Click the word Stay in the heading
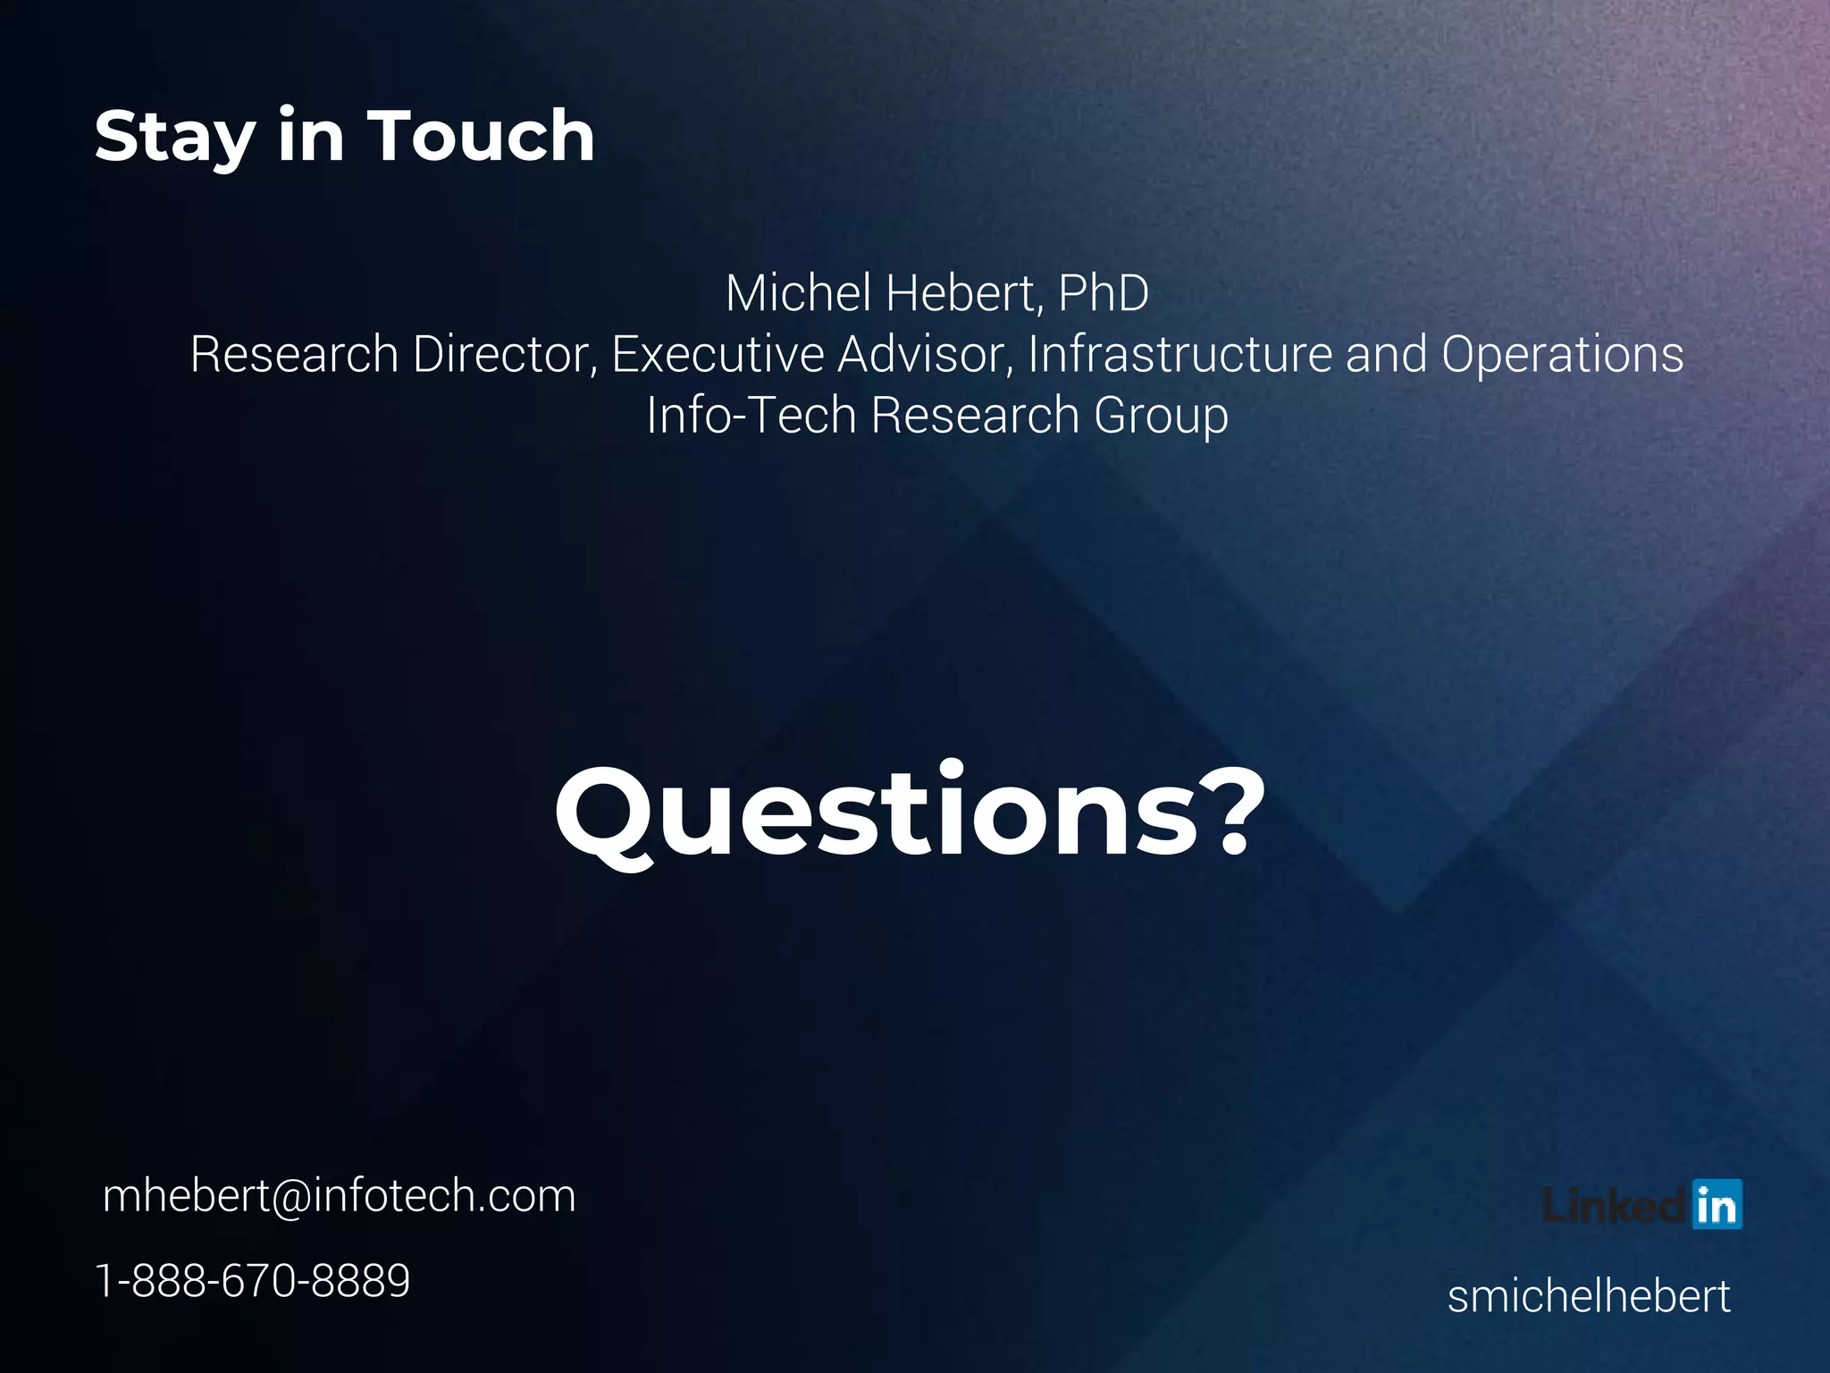(175, 137)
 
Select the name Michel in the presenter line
(799, 293)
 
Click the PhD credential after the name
(1103, 293)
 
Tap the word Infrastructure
(1180, 354)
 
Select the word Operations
(1562, 354)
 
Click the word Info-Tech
(751, 416)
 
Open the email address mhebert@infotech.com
(340, 1196)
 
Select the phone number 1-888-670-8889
(253, 1280)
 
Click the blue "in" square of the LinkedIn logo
(1717, 1205)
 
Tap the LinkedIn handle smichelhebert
(1589, 1296)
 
